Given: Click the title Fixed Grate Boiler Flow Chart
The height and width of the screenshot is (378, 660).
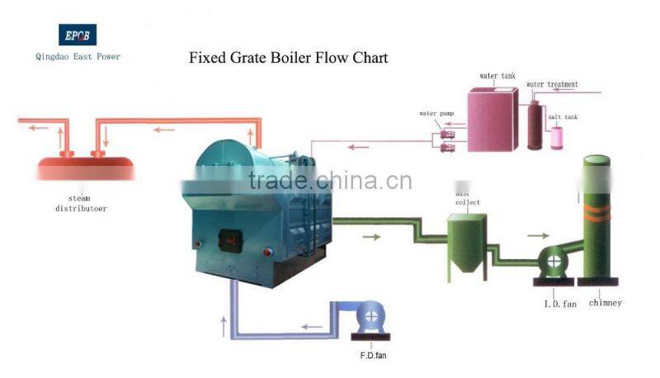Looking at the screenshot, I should pos(288,58).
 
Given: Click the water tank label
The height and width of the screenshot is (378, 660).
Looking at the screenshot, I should pos(497,76).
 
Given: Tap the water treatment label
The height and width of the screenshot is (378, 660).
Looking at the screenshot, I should pos(552,84).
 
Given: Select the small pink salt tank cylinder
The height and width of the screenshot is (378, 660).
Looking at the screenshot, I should pos(559,136).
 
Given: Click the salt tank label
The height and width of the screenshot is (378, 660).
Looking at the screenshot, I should pos(563,117).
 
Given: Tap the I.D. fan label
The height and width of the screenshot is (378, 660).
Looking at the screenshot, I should pos(559,304).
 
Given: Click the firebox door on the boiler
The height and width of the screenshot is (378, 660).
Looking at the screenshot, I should pos(227,242).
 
